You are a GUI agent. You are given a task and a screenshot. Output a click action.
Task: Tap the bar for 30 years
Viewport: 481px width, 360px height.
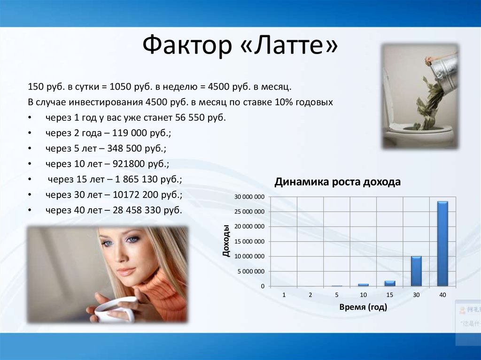point(416,271)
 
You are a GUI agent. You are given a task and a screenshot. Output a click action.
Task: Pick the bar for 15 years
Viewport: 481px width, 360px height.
point(390,283)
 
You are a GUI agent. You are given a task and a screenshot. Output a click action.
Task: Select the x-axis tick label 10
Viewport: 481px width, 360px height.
point(363,295)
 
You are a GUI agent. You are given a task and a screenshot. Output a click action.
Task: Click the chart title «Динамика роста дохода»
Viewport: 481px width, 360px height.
point(337,182)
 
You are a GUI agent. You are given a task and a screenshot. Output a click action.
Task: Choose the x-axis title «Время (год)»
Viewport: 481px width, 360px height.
point(363,307)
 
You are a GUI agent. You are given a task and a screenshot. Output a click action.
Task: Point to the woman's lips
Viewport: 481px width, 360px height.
point(125,271)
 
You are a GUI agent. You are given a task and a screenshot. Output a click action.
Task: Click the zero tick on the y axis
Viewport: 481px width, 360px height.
point(263,286)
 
